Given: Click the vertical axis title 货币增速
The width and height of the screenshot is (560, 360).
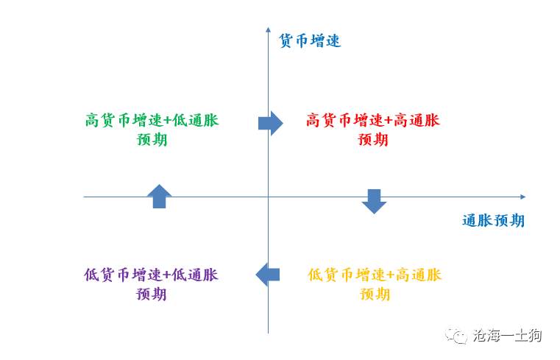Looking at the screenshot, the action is click(310, 40).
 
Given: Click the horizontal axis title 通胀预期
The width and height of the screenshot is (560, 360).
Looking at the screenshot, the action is click(493, 220).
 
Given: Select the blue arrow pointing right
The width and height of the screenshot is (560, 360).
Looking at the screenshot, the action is click(270, 123).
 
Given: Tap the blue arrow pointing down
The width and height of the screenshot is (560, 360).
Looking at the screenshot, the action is click(374, 202).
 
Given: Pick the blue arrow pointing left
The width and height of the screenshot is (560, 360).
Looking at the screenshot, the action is click(268, 275).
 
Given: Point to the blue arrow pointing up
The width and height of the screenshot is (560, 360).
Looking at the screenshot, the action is click(159, 196).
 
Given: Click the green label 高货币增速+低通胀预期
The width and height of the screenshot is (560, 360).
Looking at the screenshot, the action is click(152, 130).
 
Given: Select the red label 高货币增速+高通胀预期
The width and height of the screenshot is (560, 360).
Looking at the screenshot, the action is click(373, 130).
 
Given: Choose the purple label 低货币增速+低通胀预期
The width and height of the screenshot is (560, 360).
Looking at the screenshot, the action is click(151, 284).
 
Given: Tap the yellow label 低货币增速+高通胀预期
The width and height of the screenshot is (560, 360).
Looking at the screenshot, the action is click(375, 284).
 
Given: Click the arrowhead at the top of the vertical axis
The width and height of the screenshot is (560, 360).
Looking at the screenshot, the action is click(268, 29).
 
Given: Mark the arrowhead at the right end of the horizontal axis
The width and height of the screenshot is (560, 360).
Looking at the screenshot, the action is click(523, 197).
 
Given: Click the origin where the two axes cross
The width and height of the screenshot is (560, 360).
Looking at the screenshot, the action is click(268, 197).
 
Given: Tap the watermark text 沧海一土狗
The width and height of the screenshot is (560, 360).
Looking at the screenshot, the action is click(507, 336).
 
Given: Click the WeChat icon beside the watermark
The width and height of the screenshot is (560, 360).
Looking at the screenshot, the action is click(456, 336).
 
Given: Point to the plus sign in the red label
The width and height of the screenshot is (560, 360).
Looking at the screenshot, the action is click(389, 120).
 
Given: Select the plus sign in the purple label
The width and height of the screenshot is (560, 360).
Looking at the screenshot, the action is click(167, 275).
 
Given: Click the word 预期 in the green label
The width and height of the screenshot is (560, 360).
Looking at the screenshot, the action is click(152, 139).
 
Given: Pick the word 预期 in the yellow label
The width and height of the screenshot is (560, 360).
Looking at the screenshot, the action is click(375, 294).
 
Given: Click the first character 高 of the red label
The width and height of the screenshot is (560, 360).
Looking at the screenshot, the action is click(313, 120).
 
